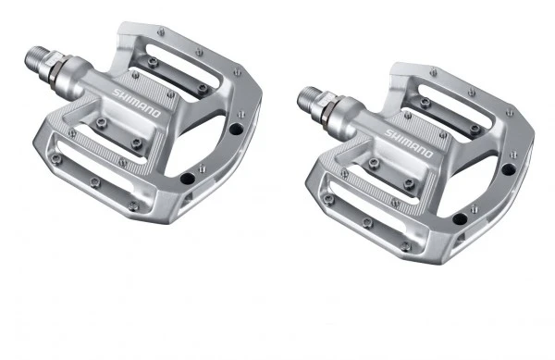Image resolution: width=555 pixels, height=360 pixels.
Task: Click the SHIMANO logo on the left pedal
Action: (x=136, y=103)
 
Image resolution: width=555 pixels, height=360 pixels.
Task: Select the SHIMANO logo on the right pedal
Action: (x=409, y=143)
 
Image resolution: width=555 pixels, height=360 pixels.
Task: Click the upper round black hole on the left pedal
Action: (x=236, y=129)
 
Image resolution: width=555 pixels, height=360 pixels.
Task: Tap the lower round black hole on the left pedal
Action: (x=187, y=179)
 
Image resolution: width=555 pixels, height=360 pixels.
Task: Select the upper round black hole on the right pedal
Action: (x=509, y=169)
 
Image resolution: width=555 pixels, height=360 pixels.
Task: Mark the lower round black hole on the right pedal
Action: (x=460, y=218)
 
